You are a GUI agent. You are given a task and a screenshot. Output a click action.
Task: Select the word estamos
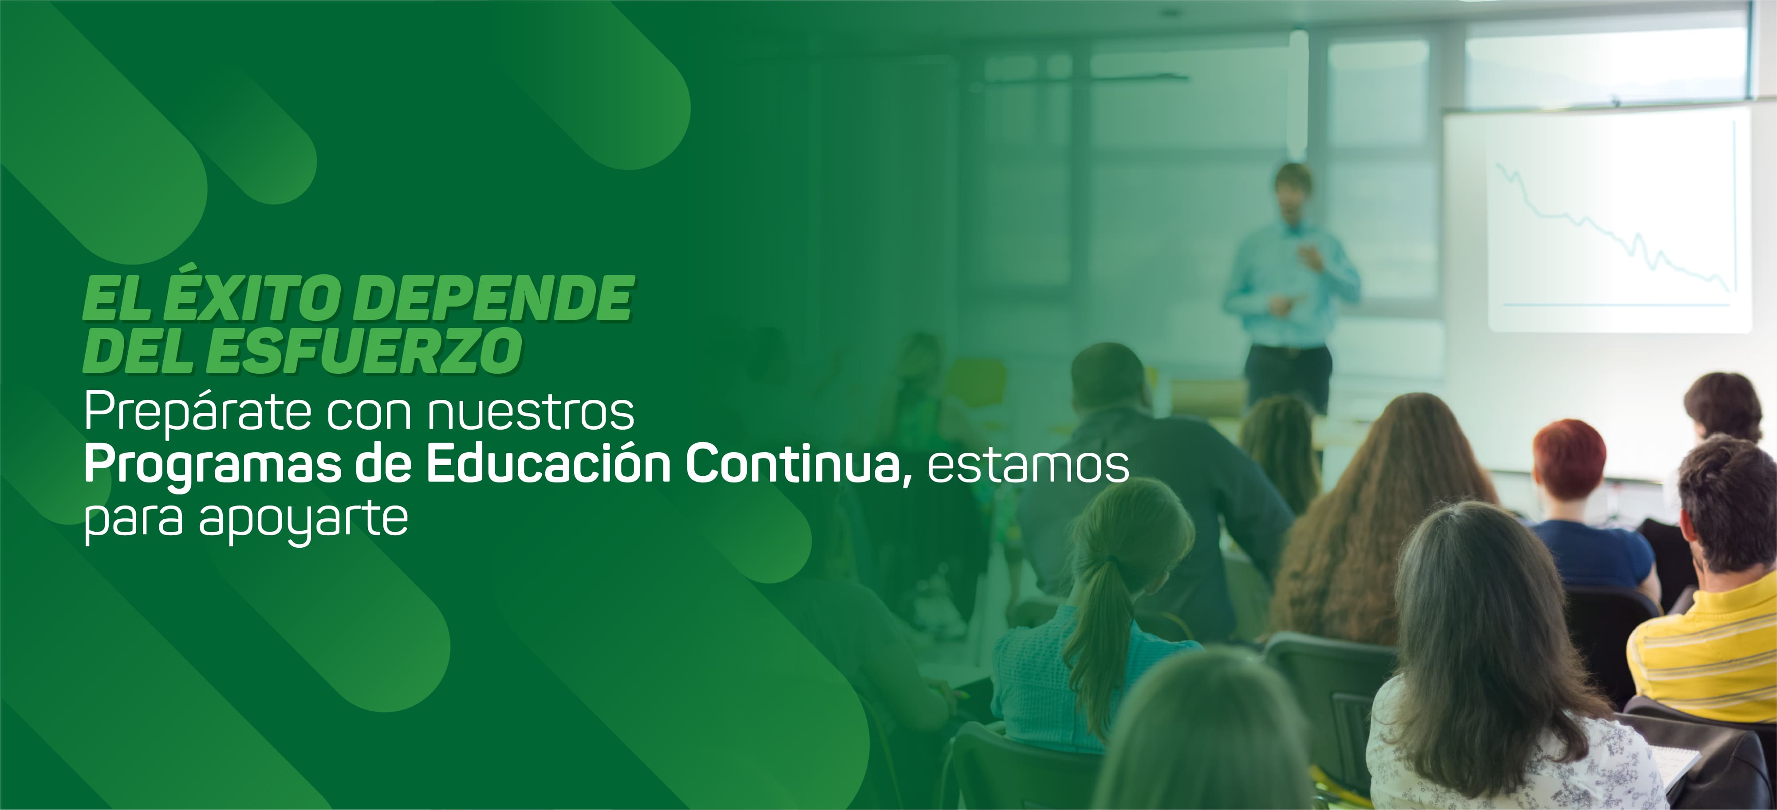coord(1028,467)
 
